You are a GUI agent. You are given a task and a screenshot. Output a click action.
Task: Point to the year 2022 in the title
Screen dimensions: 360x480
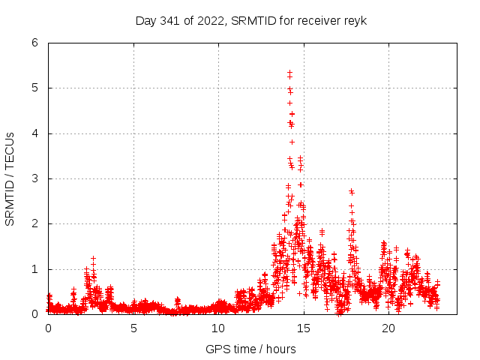tap(210, 20)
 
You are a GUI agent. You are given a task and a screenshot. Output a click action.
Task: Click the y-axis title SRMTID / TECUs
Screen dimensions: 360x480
tap(10, 178)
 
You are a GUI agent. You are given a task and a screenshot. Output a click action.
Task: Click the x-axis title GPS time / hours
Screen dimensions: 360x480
tap(250, 349)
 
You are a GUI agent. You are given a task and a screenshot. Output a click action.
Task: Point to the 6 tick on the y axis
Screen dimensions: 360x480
tap(35, 43)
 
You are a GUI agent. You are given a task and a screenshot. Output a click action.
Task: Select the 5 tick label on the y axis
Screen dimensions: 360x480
tap(35, 88)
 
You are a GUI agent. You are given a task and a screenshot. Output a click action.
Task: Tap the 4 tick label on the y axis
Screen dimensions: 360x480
tap(35, 133)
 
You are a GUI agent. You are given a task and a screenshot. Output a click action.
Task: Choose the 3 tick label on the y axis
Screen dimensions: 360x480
tap(35, 178)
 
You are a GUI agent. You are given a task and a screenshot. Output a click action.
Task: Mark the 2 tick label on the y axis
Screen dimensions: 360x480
tap(35, 223)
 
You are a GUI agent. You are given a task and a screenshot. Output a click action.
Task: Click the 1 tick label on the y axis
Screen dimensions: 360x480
tap(35, 269)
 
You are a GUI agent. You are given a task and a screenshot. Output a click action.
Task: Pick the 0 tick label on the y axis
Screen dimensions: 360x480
tap(35, 314)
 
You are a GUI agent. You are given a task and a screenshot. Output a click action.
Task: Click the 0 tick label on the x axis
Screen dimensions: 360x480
tap(49, 328)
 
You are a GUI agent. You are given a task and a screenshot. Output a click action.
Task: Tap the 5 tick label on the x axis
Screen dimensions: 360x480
tap(133, 328)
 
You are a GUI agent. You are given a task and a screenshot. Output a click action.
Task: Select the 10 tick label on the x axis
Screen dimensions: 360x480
tap(218, 328)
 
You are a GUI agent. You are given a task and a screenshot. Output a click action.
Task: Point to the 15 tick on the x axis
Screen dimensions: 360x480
tap(304, 328)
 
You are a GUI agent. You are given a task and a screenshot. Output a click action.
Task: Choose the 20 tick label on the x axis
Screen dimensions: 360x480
tap(388, 328)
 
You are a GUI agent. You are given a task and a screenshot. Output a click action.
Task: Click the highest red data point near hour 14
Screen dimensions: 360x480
tap(289, 72)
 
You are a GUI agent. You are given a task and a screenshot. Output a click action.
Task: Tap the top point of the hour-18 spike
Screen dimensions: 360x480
tap(351, 190)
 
